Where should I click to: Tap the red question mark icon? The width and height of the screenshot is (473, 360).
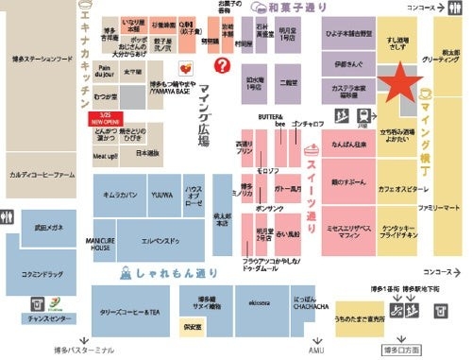point(223,65)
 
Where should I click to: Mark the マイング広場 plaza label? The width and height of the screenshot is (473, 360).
point(203,118)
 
